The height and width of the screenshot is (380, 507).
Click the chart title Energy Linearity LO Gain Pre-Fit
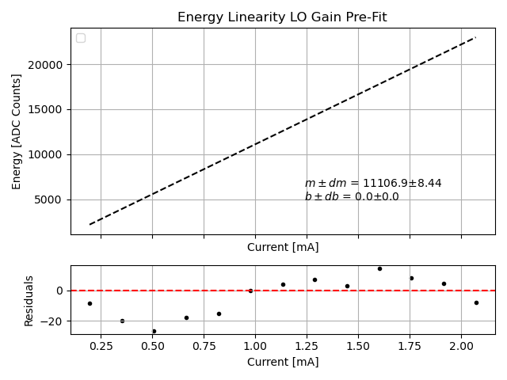(282, 17)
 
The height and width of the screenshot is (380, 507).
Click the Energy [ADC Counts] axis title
(17, 131)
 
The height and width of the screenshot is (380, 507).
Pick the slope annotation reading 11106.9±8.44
(373, 184)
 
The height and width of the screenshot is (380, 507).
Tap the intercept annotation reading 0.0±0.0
(352, 197)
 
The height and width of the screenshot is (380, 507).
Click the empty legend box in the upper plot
(81, 38)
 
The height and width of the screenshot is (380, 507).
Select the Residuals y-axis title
(29, 300)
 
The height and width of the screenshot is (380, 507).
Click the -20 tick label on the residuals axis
(53, 321)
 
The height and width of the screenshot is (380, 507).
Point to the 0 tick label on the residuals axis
(60, 291)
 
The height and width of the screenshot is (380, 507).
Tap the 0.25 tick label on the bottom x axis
(100, 347)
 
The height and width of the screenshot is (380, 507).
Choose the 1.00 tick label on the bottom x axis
(255, 347)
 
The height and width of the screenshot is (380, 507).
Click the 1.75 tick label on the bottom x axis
(410, 347)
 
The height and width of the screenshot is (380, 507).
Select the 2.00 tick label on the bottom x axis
(461, 347)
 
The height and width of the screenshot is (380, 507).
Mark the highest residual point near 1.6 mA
(379, 268)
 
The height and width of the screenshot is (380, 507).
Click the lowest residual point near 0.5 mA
(154, 331)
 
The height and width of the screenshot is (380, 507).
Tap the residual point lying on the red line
(250, 291)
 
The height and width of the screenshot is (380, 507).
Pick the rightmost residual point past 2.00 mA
(476, 302)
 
